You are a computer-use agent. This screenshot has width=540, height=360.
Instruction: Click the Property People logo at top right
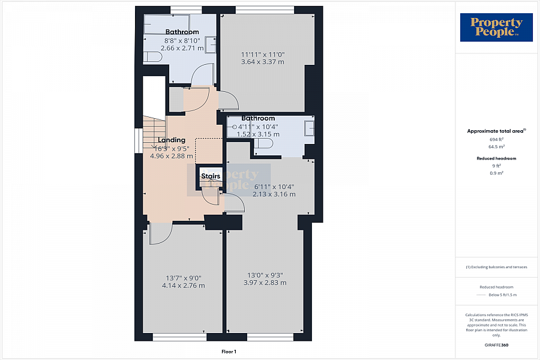click(496, 28)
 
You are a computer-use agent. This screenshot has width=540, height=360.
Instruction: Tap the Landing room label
click(171, 140)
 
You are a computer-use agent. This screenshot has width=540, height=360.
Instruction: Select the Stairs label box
click(211, 176)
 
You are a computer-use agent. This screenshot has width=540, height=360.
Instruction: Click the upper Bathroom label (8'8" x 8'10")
click(182, 32)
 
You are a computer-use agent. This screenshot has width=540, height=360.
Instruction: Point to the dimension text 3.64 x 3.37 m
click(262, 61)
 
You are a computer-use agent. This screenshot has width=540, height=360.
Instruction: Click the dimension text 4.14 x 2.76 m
click(183, 286)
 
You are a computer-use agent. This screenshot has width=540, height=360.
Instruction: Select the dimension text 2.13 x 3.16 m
click(274, 194)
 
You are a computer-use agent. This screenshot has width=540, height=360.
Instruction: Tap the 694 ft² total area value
click(496, 139)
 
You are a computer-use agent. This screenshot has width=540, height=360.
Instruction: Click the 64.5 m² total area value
click(496, 146)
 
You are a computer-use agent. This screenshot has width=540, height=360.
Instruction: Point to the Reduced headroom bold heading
click(496, 158)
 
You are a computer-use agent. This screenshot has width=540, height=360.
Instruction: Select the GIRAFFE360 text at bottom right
click(496, 345)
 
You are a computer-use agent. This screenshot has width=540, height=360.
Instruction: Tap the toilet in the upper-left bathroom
click(152, 56)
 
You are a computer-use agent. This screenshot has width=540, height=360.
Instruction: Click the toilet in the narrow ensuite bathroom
click(263, 144)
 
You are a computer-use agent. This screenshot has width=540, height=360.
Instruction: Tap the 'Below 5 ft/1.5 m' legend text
click(502, 295)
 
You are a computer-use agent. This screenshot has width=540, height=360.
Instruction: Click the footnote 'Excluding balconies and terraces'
click(496, 267)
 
